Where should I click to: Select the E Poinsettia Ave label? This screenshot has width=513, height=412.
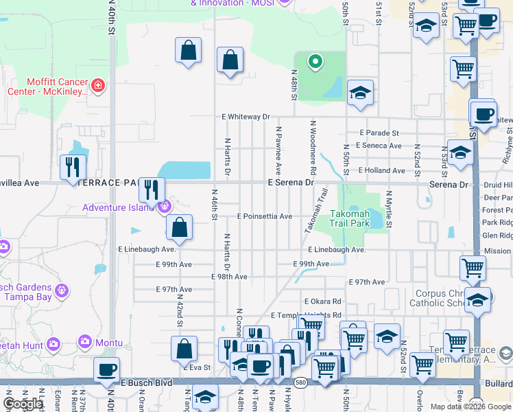click(265, 216)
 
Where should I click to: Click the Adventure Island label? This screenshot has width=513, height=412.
click(119, 207)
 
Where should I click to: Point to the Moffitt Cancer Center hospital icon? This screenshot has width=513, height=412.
click(98, 86)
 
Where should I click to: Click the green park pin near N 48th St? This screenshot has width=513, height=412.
click(315, 62)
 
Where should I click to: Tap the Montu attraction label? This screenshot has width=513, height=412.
click(109, 343)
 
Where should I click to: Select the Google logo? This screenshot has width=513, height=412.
click(23, 404)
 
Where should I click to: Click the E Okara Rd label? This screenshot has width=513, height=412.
click(322, 301)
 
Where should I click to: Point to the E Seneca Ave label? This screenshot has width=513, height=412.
click(379, 146)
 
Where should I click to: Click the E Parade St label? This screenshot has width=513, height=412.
click(379, 133)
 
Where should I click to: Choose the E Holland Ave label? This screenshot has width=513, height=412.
click(381, 170)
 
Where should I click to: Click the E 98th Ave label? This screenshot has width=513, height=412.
click(229, 277)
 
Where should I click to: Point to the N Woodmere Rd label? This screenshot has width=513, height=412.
click(313, 148)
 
